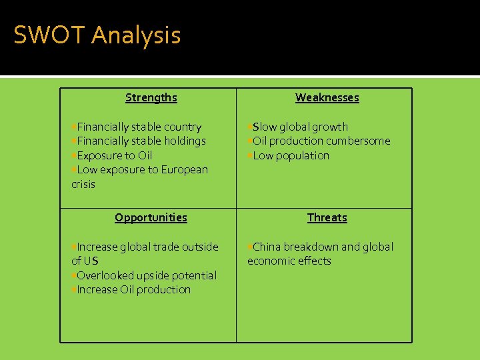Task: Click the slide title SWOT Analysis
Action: click(97, 35)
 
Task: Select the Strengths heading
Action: click(151, 97)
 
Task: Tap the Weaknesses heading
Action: click(327, 97)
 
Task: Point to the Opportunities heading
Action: click(151, 217)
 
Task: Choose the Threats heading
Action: click(327, 217)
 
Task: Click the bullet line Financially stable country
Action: click(139, 127)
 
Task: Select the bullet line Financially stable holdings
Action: click(141, 141)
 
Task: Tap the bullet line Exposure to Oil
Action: click(114, 155)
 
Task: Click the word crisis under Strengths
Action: click(83, 184)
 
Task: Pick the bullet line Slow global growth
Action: click(299, 127)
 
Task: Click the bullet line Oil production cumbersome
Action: click(321, 141)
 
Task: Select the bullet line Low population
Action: click(291, 155)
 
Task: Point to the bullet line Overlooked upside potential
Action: click(146, 275)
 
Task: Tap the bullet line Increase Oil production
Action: click(133, 289)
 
